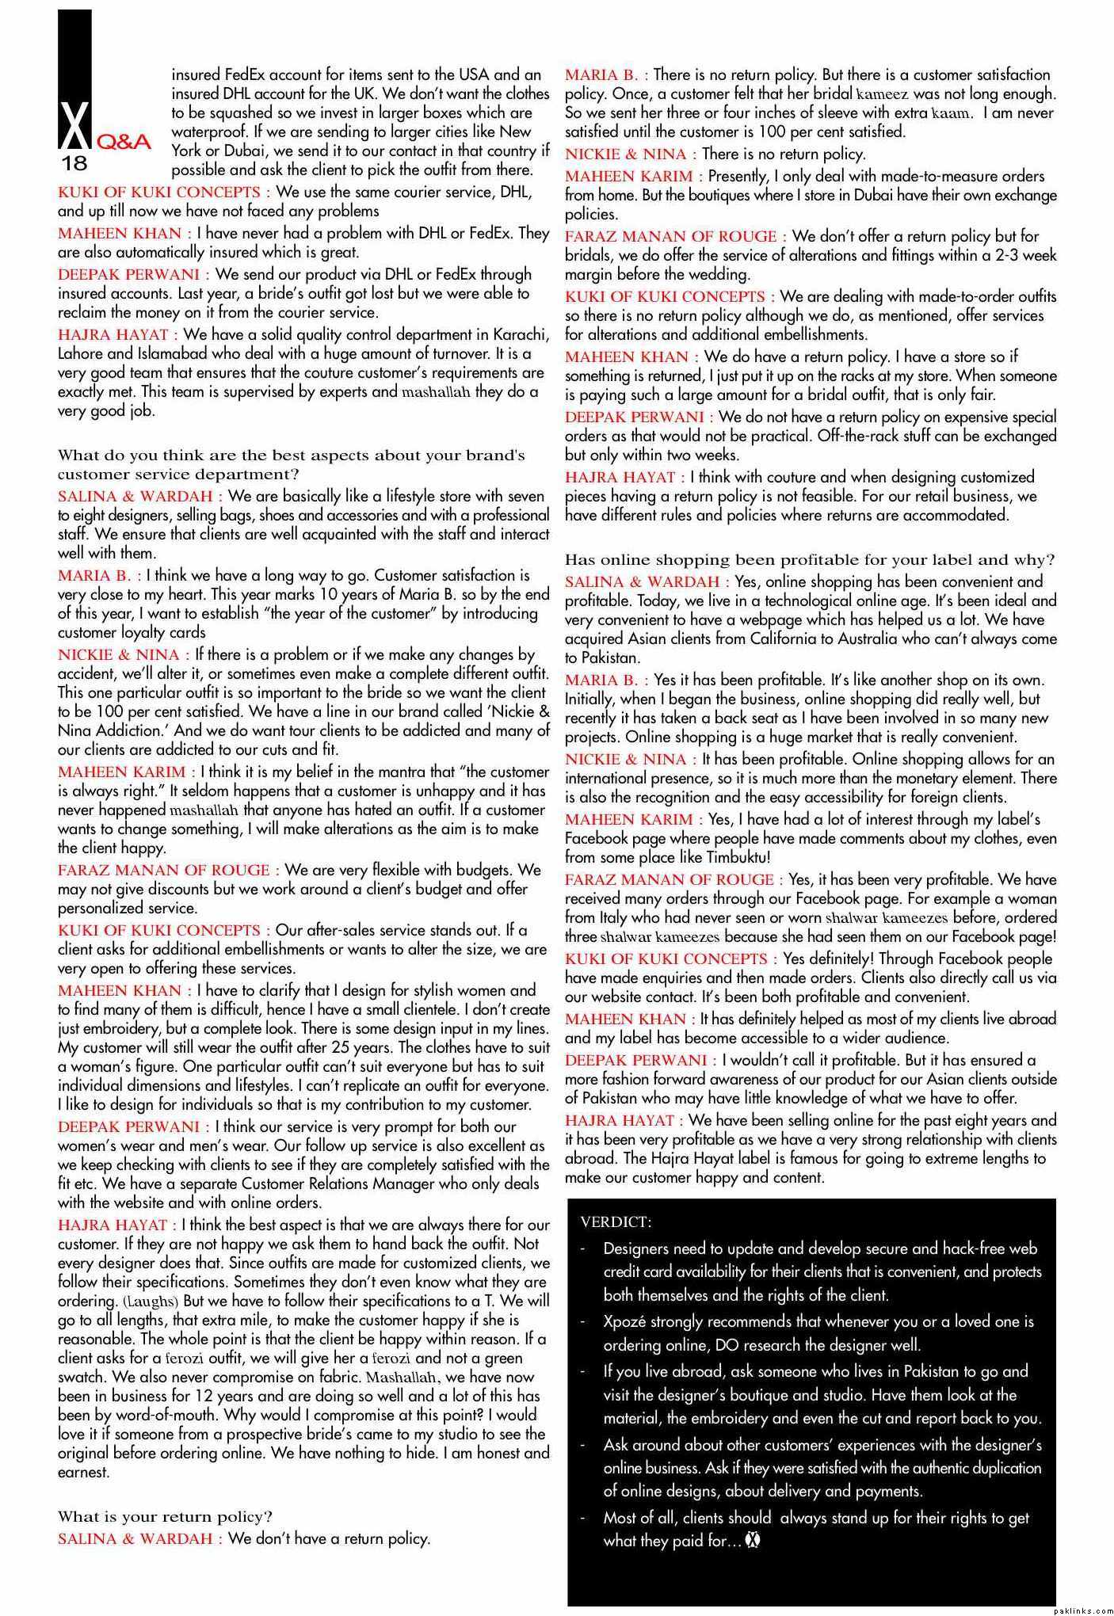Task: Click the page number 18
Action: click(x=74, y=165)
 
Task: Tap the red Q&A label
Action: click(x=123, y=143)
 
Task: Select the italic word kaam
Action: click(x=951, y=113)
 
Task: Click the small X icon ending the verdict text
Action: click(x=753, y=1541)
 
